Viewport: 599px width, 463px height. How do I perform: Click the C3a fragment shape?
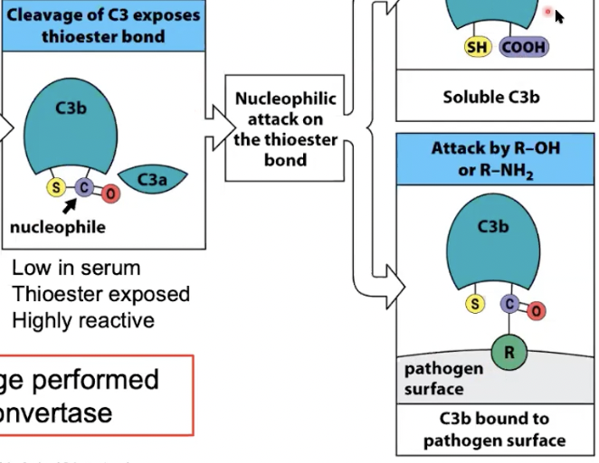click(x=152, y=181)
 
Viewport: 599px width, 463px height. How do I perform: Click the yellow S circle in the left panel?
click(x=56, y=188)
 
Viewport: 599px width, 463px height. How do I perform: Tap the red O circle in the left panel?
click(x=110, y=193)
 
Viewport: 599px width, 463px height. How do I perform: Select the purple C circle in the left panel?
click(x=84, y=187)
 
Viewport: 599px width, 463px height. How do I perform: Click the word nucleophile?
click(x=57, y=227)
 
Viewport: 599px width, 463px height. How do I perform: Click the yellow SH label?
click(x=478, y=47)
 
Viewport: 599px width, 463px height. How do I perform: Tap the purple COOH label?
click(x=523, y=47)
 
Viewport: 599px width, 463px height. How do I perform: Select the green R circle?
click(x=509, y=352)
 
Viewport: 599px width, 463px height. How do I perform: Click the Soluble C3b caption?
click(x=490, y=96)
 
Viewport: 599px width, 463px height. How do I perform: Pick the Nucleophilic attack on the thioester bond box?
click(x=285, y=128)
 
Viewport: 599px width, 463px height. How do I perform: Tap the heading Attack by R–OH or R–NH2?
click(x=495, y=159)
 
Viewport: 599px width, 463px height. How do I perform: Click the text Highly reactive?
click(x=83, y=320)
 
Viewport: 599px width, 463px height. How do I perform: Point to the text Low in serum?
click(x=76, y=269)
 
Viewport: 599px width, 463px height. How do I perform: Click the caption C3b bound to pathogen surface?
click(x=494, y=430)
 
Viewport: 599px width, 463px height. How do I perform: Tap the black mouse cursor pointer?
click(x=559, y=16)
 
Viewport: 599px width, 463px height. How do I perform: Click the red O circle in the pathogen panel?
click(x=537, y=311)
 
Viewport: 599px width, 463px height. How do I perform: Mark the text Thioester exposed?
click(x=100, y=295)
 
